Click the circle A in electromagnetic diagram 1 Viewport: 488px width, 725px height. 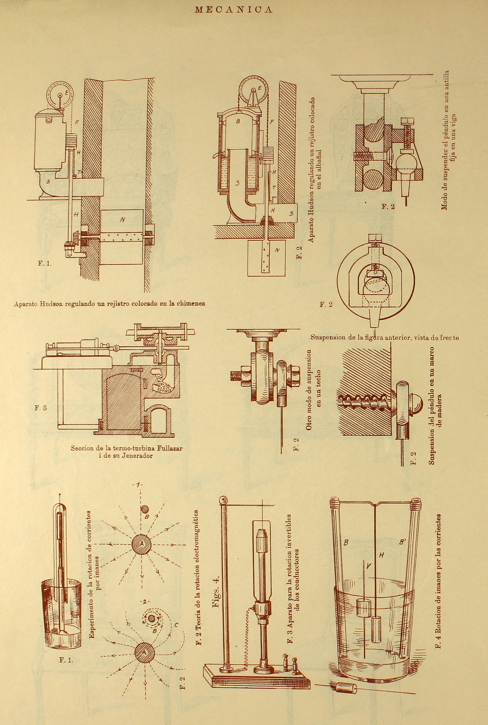coord(141,544)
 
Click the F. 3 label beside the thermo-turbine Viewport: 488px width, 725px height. coord(40,408)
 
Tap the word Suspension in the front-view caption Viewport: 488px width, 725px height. coord(328,337)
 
